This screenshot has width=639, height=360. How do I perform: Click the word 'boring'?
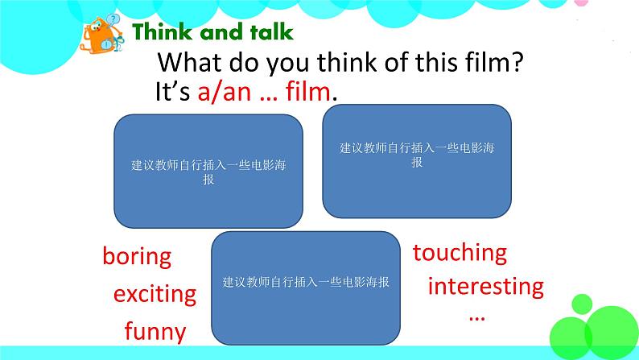coord(137,257)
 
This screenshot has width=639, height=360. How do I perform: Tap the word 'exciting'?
coord(155,293)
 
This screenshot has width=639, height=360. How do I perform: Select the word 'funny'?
coord(155,330)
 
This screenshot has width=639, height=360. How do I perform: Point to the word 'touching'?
coord(460,253)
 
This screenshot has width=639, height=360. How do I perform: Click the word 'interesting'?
coord(485,286)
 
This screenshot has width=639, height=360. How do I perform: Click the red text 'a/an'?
coord(222,92)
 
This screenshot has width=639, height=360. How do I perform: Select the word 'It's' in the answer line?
coord(171,92)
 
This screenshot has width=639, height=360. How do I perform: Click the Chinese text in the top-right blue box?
coord(416,155)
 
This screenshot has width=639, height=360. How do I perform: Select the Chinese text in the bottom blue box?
coord(305,283)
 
